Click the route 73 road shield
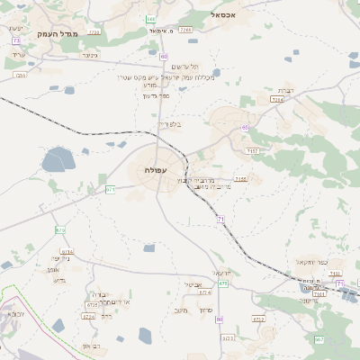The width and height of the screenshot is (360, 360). [x=16, y=40]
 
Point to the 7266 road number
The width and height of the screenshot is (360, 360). [x=186, y=30]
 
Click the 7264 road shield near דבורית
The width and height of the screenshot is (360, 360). [x=277, y=100]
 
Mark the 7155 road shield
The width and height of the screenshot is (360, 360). [x=240, y=180]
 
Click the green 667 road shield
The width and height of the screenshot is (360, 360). [x=319, y=339]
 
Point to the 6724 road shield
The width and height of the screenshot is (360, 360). [x=88, y=317]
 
